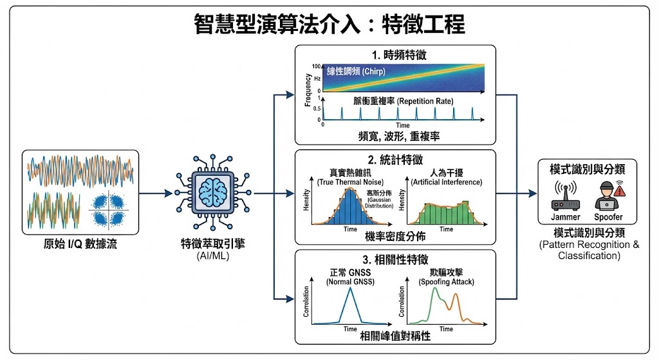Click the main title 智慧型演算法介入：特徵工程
click(x=329, y=24)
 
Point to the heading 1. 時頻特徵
click(x=395, y=55)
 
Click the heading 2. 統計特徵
click(x=395, y=159)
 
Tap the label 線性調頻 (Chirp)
click(x=356, y=71)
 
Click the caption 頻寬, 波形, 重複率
click(x=395, y=136)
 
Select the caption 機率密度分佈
click(x=395, y=236)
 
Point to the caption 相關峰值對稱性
click(x=395, y=337)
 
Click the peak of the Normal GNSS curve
click(x=349, y=287)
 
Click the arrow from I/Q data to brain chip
click(x=155, y=193)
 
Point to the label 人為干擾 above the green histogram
click(x=446, y=173)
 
